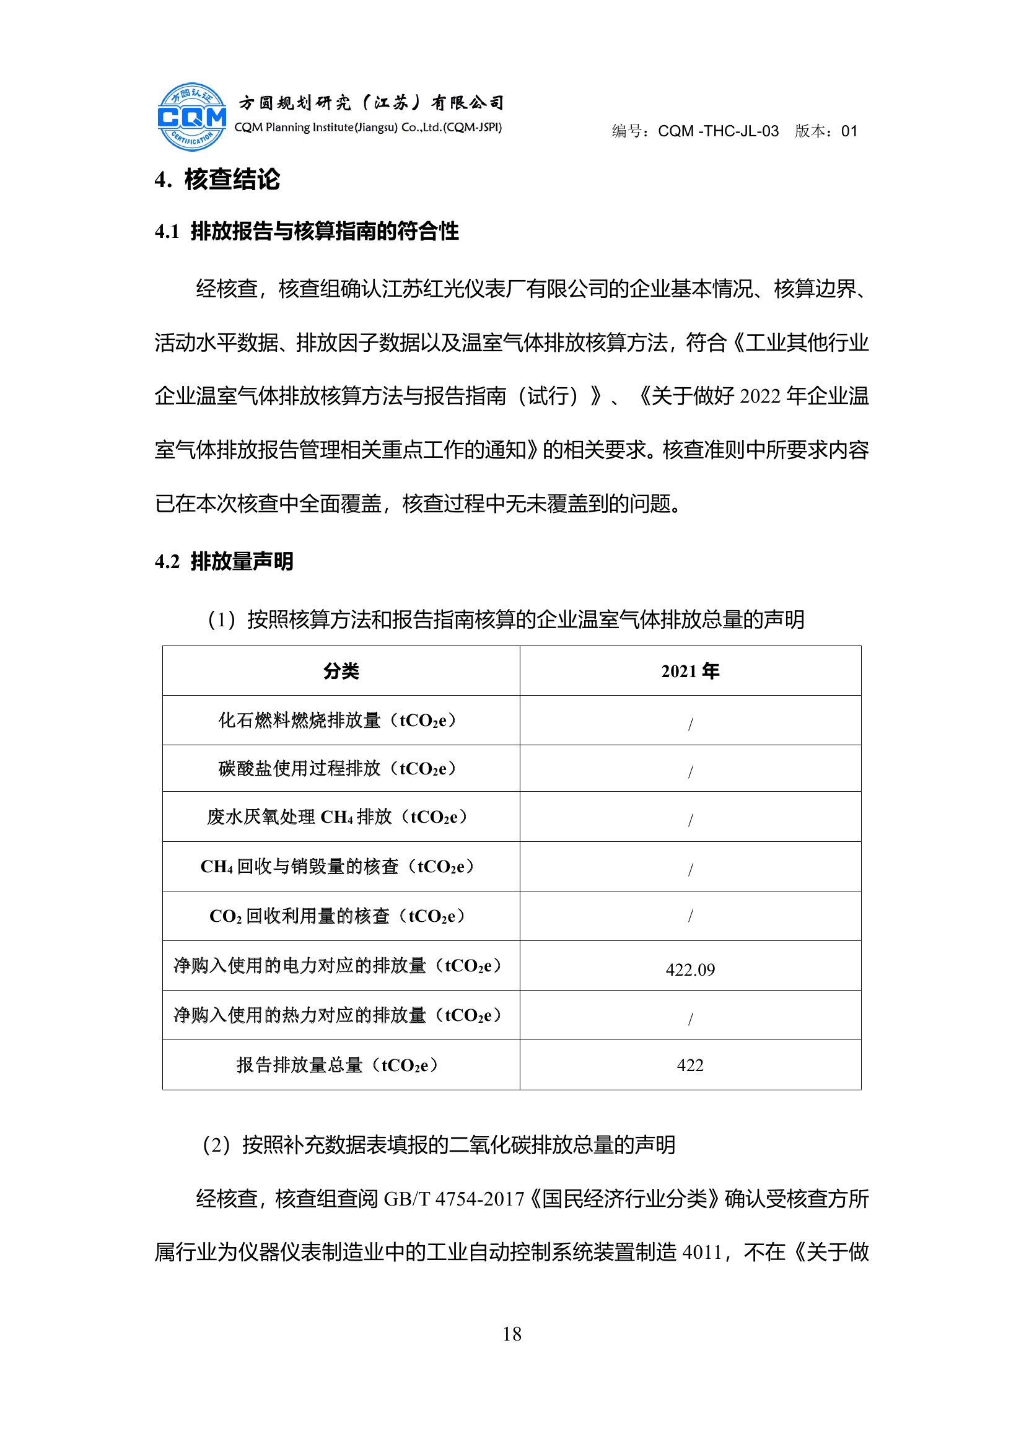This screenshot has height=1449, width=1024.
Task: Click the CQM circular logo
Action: [x=192, y=117]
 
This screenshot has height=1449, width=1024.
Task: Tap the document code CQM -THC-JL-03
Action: [x=718, y=131]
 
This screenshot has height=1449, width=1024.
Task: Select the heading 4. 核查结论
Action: [x=217, y=180]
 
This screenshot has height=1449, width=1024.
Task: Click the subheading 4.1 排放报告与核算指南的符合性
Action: [x=307, y=232]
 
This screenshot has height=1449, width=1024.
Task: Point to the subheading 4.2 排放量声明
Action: [x=224, y=561]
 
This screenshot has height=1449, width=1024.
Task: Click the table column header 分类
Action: [x=341, y=671]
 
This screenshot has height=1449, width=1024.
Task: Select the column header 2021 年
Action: [x=689, y=671]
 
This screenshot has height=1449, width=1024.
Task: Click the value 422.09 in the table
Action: [x=689, y=970]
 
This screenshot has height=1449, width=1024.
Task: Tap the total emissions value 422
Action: [x=689, y=1066]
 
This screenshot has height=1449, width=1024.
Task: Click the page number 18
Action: [x=512, y=1334]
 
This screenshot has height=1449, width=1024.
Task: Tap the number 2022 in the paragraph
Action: [x=759, y=396]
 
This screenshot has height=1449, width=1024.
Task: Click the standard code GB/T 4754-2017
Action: [x=453, y=1199]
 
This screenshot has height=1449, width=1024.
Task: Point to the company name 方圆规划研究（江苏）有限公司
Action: [x=371, y=102]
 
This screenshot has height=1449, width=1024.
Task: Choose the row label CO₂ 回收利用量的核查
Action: [x=338, y=916]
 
